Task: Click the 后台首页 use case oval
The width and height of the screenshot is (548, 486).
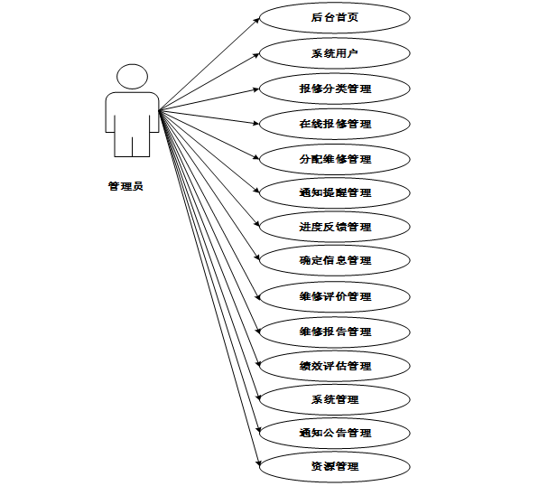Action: pyautogui.click(x=335, y=17)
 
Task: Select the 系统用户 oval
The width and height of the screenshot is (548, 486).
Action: pyautogui.click(x=335, y=53)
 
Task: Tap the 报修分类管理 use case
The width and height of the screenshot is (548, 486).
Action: pyautogui.click(x=335, y=89)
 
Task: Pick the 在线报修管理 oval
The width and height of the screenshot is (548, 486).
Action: pyautogui.click(x=335, y=123)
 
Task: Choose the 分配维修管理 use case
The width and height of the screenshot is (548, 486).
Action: pyautogui.click(x=335, y=158)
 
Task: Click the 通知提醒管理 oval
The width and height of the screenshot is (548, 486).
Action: pyautogui.click(x=335, y=192)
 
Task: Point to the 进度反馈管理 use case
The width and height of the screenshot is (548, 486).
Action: pyautogui.click(x=335, y=227)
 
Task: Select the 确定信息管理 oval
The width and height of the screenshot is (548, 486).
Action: pyautogui.click(x=335, y=260)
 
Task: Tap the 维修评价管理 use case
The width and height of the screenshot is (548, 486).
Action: pyautogui.click(x=335, y=296)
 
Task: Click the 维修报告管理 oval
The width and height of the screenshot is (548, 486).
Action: pyautogui.click(x=335, y=332)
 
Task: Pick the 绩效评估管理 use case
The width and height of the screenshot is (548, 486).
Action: pyautogui.click(x=335, y=366)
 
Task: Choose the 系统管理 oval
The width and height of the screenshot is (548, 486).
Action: pyautogui.click(x=335, y=398)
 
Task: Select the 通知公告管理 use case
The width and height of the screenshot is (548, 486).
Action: pyautogui.click(x=335, y=433)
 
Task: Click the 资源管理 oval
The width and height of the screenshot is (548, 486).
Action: pyautogui.click(x=335, y=466)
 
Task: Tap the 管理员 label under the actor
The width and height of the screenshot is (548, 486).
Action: pyautogui.click(x=125, y=186)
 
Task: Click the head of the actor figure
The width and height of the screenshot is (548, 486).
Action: pyautogui.click(x=132, y=77)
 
